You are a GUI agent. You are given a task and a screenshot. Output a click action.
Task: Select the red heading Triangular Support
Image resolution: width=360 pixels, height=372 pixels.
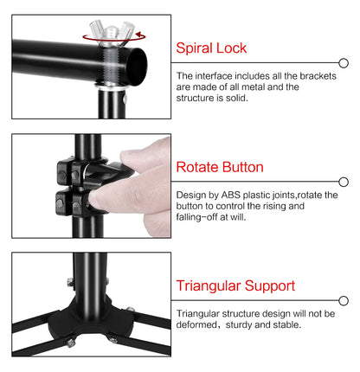[235, 285]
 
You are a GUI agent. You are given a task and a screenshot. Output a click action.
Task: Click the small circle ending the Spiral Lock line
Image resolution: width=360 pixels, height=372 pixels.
[344, 63]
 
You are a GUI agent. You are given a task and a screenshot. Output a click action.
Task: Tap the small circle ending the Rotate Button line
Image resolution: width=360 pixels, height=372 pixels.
[344, 182]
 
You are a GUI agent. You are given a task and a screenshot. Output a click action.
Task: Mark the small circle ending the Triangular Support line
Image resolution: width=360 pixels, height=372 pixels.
[344, 300]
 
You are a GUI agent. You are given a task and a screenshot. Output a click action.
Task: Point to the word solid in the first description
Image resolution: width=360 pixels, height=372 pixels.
[235, 98]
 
